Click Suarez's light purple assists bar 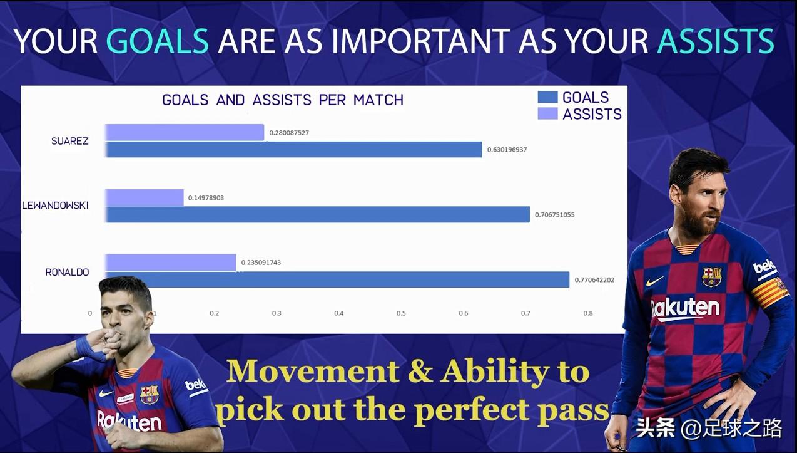tap(185, 132)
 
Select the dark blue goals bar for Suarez tap(293, 149)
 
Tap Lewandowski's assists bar tap(145, 197)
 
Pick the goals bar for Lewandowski tap(317, 214)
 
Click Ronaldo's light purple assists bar tap(171, 263)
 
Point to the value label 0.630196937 tap(507, 150)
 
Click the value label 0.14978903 tap(206, 198)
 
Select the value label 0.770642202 tap(594, 280)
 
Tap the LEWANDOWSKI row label tap(55, 206)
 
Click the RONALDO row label tap(67, 273)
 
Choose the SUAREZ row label tap(69, 141)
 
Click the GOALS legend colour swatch tap(547, 97)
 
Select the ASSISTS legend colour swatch tap(547, 113)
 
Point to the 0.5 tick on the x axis tap(401, 313)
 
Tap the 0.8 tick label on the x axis tap(588, 313)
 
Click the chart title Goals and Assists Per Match tap(283, 100)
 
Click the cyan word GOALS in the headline tap(157, 41)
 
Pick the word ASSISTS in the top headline tap(716, 41)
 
